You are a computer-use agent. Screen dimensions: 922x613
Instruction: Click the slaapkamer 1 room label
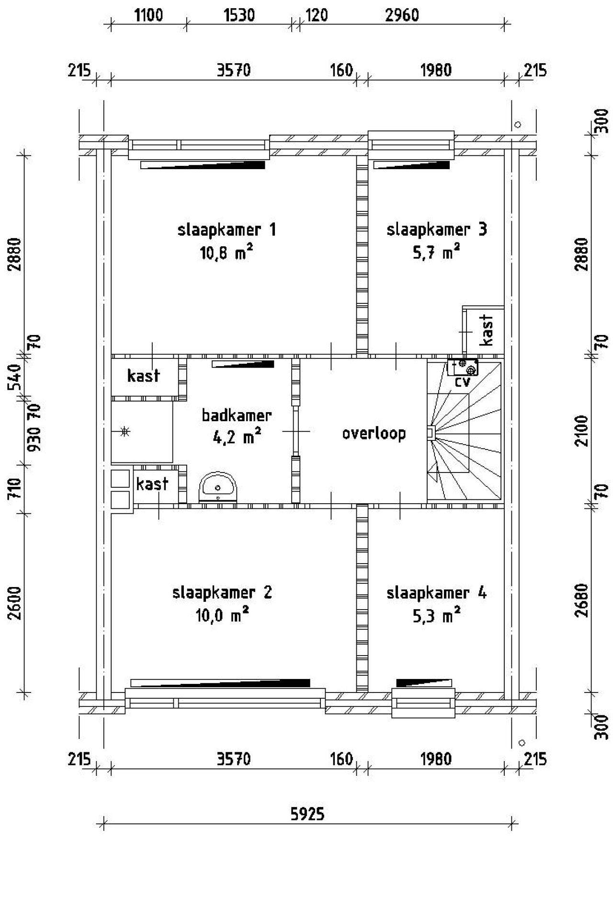227,230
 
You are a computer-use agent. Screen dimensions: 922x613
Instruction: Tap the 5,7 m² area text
436,252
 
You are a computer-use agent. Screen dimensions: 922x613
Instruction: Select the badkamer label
237,415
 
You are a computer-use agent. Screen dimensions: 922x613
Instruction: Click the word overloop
374,433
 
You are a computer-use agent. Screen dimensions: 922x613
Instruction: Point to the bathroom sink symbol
218,487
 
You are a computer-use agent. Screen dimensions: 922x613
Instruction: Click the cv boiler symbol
463,367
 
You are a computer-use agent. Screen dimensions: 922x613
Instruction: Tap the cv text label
463,382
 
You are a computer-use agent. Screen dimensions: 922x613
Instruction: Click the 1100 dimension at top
148,15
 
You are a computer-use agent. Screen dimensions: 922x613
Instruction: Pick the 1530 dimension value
239,15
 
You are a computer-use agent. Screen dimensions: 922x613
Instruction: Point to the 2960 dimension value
402,15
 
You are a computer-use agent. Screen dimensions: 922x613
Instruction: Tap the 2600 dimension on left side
15,603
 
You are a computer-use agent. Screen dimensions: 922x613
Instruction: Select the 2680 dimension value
581,600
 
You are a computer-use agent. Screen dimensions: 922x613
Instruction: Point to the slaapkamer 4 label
436,593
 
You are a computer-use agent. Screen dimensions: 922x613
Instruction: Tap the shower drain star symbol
125,431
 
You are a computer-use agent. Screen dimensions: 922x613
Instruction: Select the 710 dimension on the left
15,488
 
